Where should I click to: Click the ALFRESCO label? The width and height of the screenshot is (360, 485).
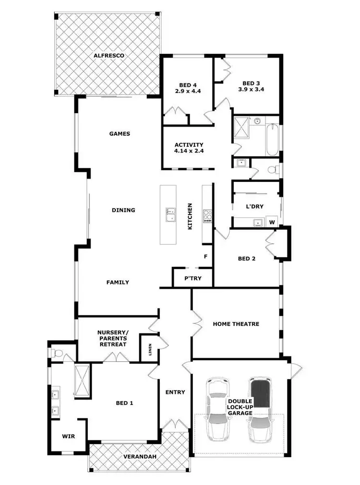[x=109, y=56]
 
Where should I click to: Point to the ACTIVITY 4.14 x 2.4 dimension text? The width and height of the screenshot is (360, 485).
[x=189, y=151]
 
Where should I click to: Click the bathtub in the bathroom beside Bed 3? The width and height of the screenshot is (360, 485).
[x=272, y=139]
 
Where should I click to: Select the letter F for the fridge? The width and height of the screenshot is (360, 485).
[x=205, y=257]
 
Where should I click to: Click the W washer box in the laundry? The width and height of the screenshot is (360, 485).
[x=272, y=222]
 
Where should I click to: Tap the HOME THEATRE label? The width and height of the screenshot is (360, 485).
[x=236, y=324]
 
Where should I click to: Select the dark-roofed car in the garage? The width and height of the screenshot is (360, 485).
[x=260, y=409]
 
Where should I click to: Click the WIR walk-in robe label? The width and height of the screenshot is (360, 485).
[x=68, y=437]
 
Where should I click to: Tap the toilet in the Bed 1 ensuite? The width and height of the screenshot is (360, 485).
[x=57, y=353]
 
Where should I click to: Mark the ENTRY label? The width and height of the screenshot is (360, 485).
[x=175, y=392]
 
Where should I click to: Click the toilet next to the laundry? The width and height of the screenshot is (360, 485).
[x=273, y=169]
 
